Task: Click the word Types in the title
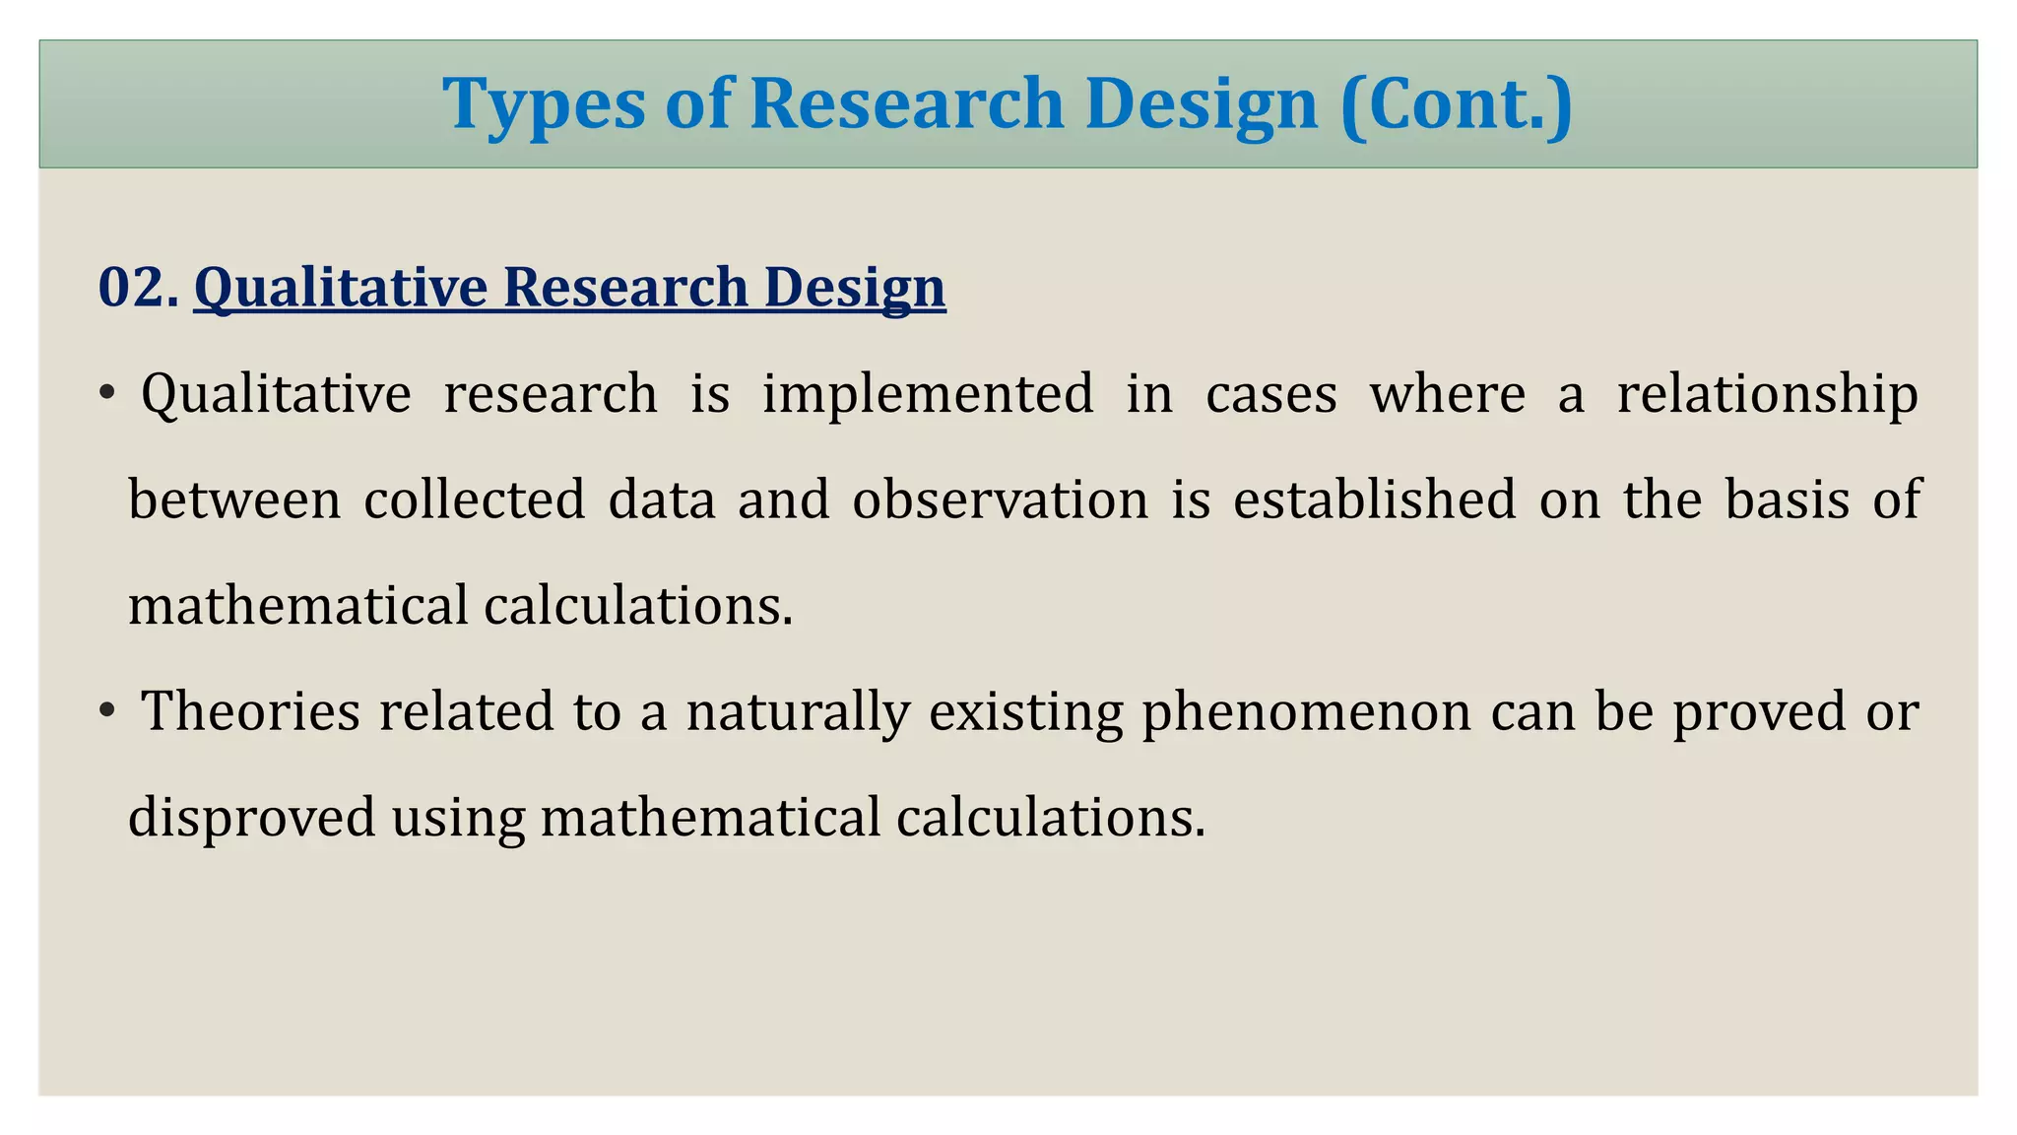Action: point(545,104)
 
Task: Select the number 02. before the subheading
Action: point(138,288)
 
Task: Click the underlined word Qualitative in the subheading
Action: point(341,288)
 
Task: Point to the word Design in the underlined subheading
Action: point(854,288)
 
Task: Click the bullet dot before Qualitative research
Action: point(107,395)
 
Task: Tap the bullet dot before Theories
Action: point(107,711)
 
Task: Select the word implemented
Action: point(928,394)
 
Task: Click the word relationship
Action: point(1768,394)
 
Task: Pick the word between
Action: point(234,500)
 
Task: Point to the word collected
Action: point(475,500)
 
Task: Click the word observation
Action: point(1000,500)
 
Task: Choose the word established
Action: point(1375,500)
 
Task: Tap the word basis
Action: point(1788,500)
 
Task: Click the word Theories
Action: point(251,711)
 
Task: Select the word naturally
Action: point(798,711)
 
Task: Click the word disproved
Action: point(252,818)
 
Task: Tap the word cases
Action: point(1271,394)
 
